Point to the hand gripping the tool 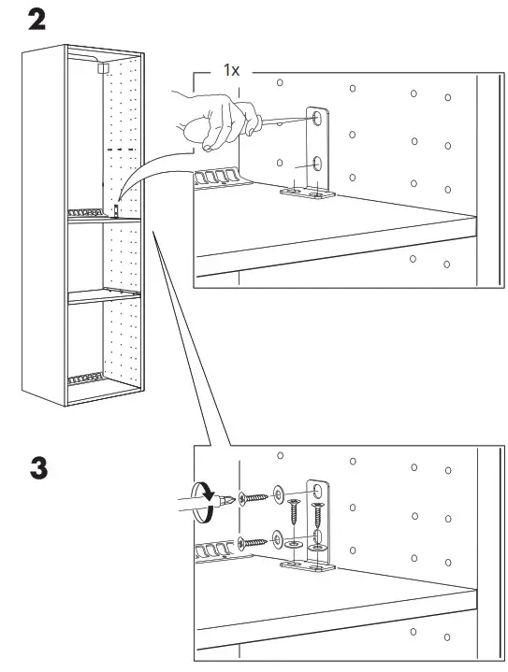[214, 117]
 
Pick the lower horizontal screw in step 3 [254, 541]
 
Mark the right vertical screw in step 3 [318, 515]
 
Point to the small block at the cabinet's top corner [102, 67]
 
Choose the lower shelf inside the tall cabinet [103, 297]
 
